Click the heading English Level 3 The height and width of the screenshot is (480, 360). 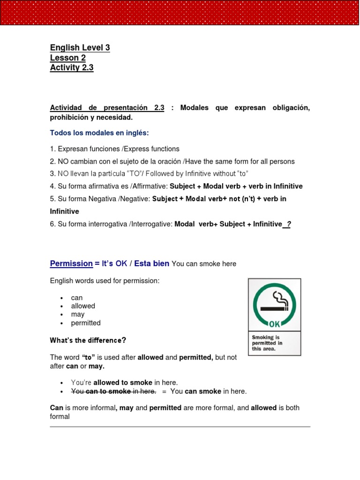pyautogui.click(x=80, y=48)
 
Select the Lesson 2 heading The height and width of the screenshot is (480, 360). pyautogui.click(x=68, y=58)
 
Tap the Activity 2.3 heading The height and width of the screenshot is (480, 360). pyautogui.click(x=72, y=67)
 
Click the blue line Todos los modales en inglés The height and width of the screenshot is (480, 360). pyautogui.click(x=99, y=133)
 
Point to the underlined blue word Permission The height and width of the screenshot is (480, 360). pyautogui.click(x=71, y=263)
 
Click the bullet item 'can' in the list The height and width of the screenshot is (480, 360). pyautogui.click(x=76, y=298)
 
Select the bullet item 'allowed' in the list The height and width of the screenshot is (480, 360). pyautogui.click(x=83, y=306)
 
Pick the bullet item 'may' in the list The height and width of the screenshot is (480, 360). pyautogui.click(x=77, y=315)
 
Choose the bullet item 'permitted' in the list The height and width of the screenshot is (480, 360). pyautogui.click(x=86, y=323)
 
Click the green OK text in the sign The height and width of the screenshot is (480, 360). pyautogui.click(x=274, y=323)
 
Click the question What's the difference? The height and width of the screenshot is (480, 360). pyautogui.click(x=88, y=340)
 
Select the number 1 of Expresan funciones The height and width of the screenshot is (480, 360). pyautogui.click(x=52, y=149)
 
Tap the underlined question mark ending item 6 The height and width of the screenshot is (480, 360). pyautogui.click(x=288, y=224)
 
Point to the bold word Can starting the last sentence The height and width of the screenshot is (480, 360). pyautogui.click(x=56, y=408)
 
